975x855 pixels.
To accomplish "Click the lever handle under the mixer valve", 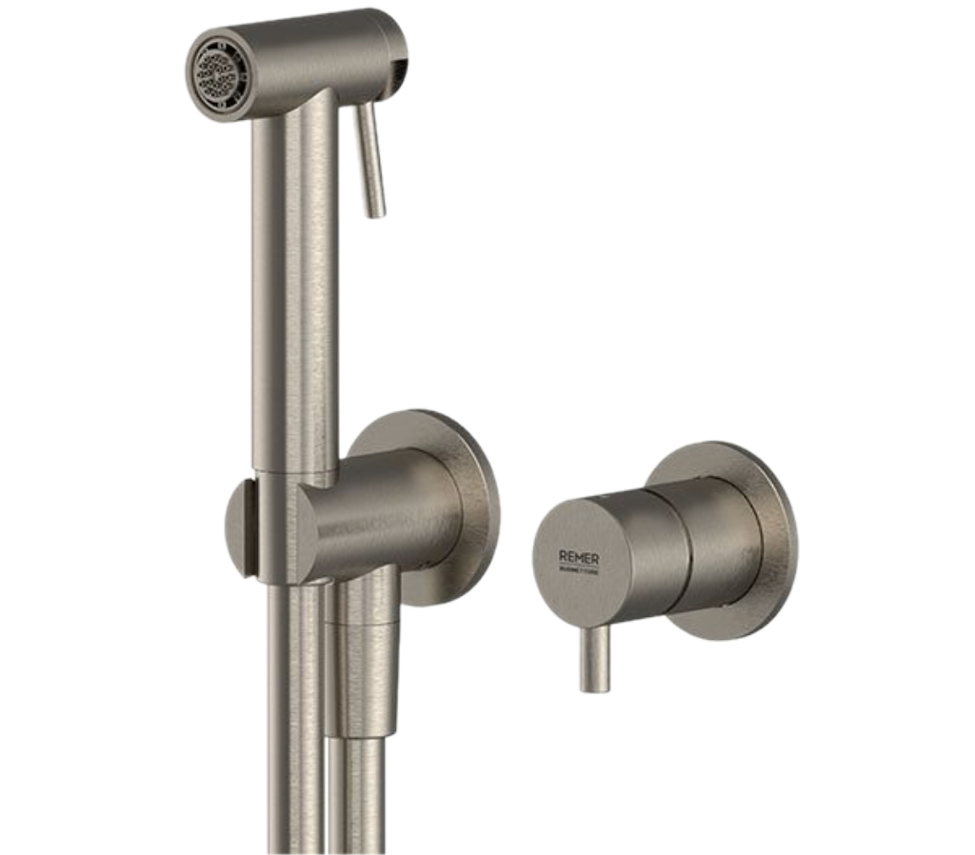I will coord(598,657).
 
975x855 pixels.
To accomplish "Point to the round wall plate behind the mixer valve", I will coord(762,533).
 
